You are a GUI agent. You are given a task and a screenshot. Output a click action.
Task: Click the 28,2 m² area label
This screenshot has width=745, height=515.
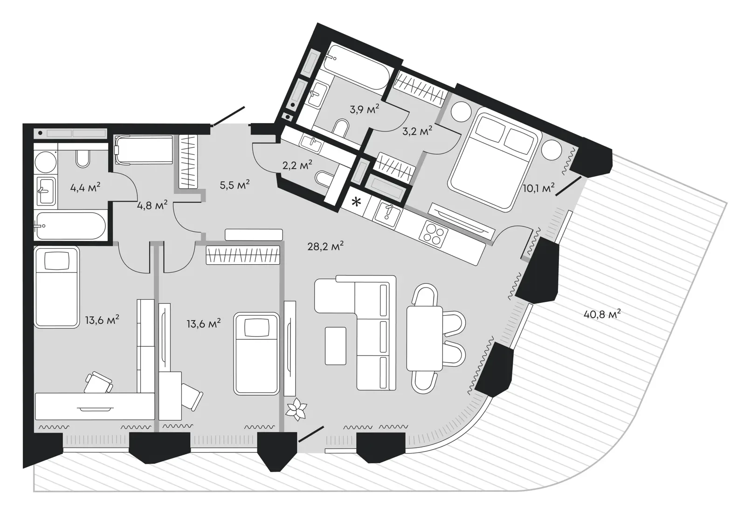point(325,247)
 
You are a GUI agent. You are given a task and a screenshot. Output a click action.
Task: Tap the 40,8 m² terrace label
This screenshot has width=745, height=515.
point(602,314)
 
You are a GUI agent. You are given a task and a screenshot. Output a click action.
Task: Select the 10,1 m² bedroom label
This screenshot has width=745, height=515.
point(539,188)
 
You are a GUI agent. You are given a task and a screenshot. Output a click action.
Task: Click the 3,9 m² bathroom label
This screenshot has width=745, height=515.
point(365,110)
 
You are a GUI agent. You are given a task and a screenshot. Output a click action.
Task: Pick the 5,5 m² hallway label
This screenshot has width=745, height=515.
point(235,185)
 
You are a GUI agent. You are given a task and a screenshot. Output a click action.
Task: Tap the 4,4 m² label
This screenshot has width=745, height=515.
point(85,188)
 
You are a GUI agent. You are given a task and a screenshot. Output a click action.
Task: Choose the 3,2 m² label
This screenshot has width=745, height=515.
point(417,131)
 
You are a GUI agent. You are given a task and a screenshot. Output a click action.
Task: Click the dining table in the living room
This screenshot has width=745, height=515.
point(425,338)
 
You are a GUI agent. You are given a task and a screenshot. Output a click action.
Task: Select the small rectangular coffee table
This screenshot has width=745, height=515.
point(336,346)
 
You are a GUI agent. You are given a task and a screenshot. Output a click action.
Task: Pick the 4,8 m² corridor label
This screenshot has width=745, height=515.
point(152,206)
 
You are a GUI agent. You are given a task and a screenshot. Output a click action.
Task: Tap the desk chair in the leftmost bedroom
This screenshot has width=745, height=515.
point(98,383)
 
